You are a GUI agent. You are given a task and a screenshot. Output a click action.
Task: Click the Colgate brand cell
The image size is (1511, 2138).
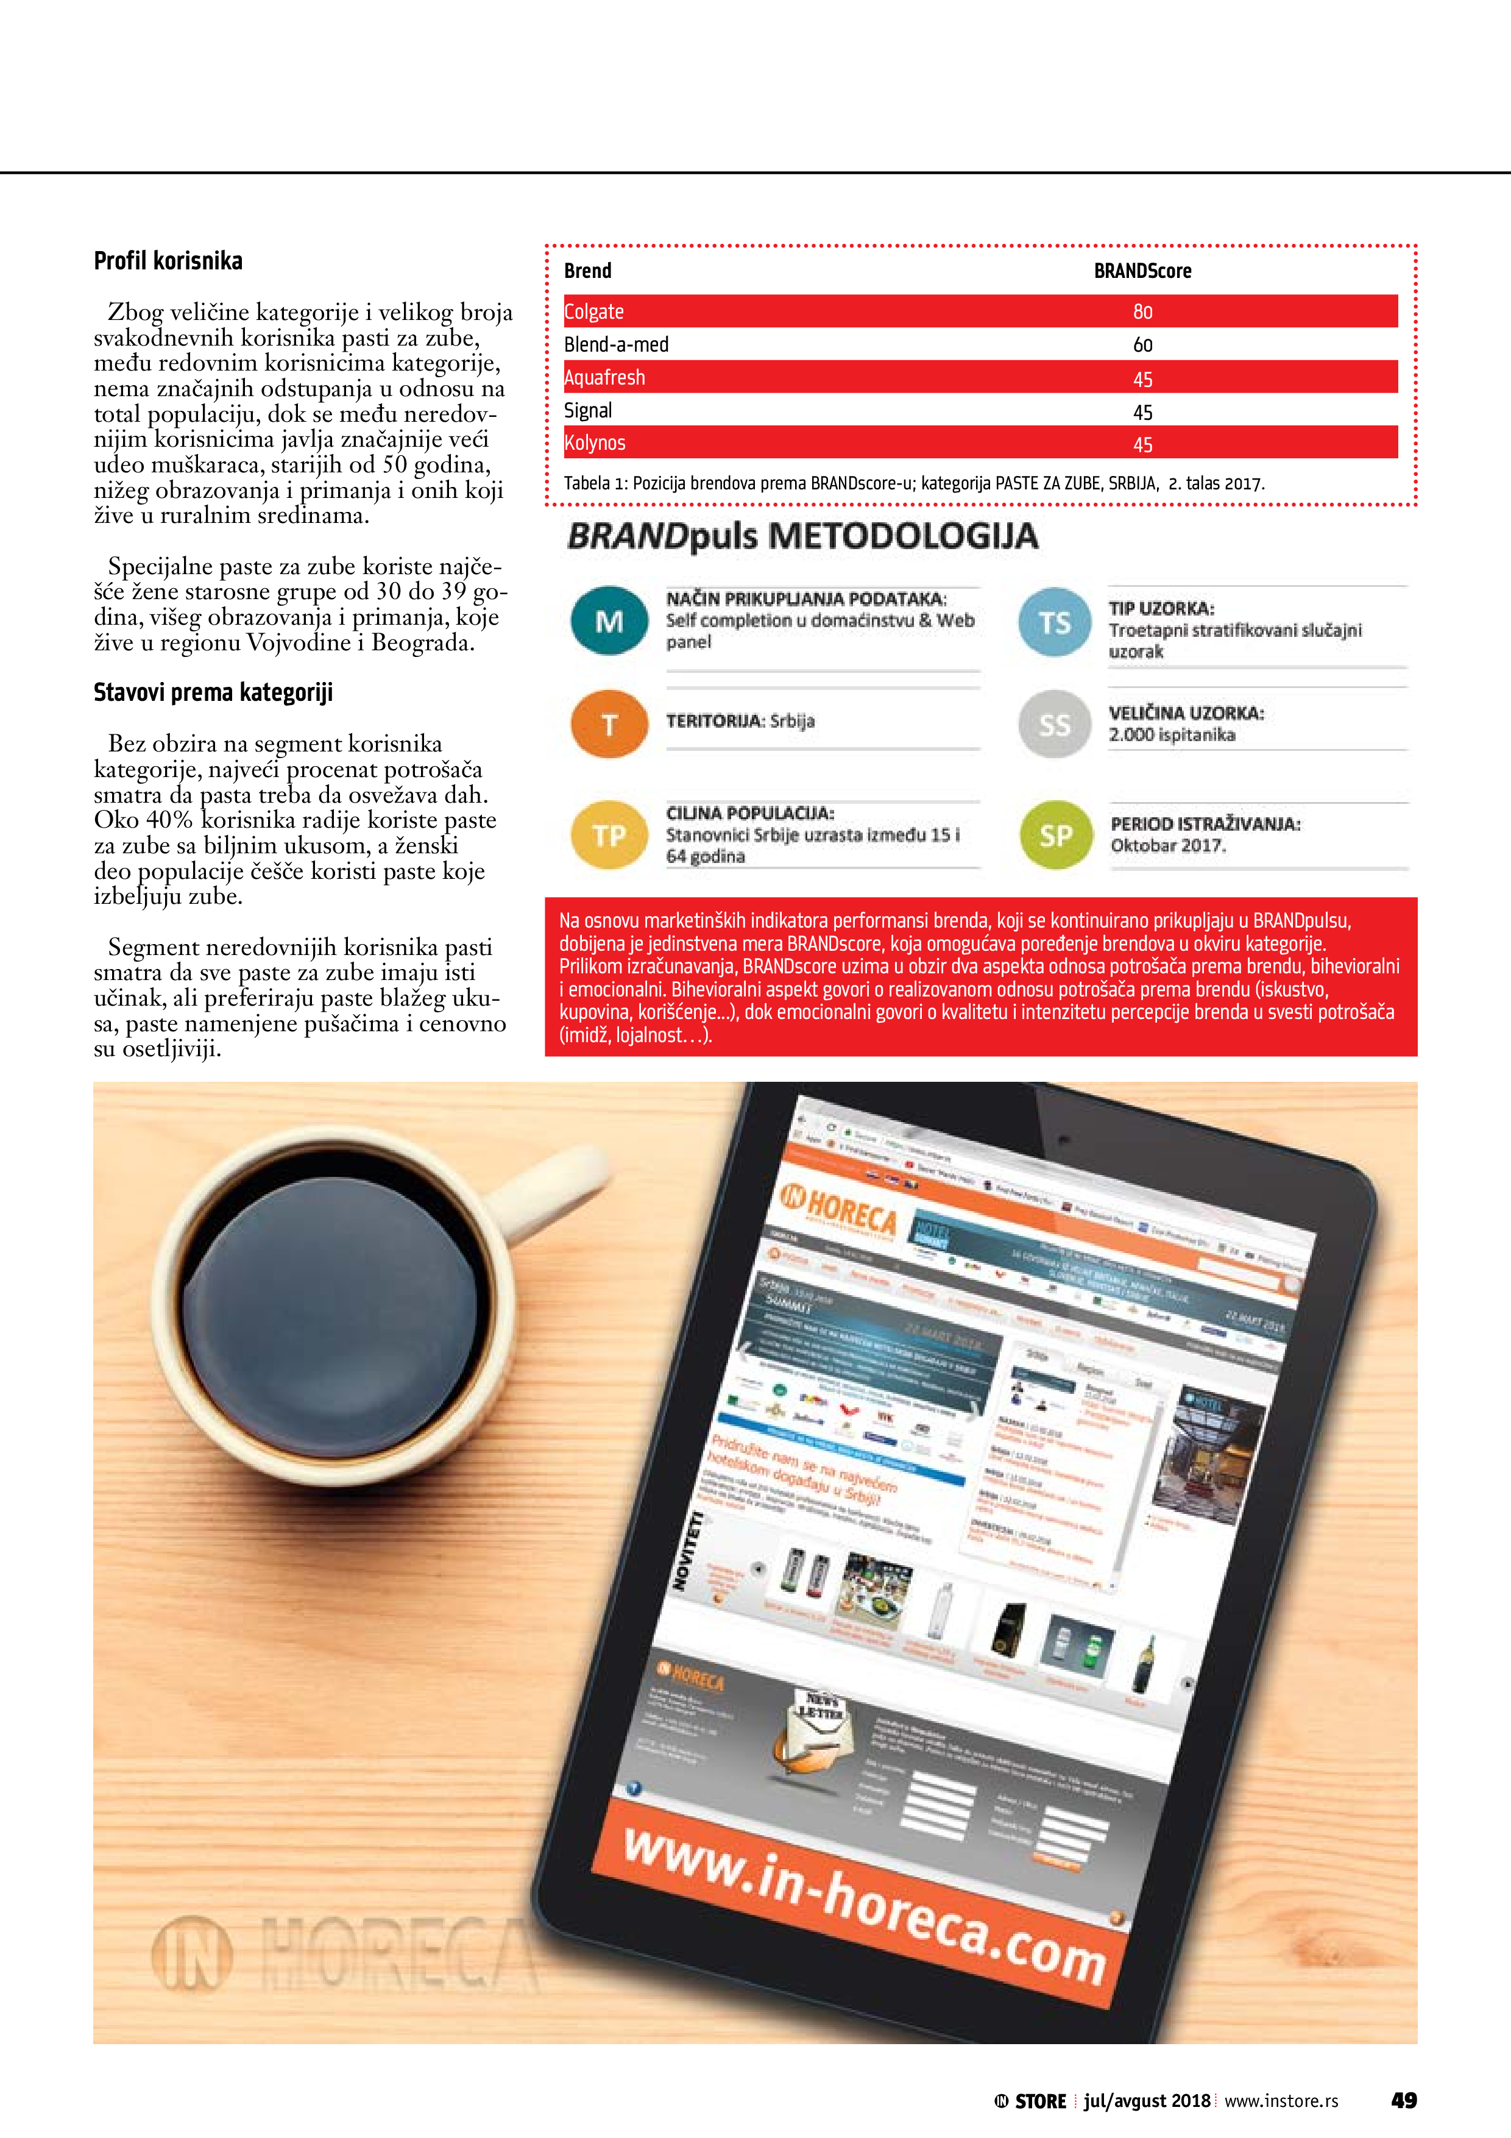point(594,312)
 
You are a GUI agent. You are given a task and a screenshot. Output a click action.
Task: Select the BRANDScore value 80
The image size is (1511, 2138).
point(1142,312)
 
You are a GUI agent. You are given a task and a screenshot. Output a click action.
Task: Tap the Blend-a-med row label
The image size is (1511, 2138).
point(617,344)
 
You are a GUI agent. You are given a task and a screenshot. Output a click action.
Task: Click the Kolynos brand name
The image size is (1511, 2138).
point(595,443)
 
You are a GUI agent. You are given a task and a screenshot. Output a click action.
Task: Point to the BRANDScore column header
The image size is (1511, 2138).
point(1142,271)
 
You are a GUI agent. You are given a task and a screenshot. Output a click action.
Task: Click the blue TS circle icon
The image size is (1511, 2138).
point(1054,622)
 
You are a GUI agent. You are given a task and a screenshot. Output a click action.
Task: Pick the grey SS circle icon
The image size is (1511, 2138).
point(1054,725)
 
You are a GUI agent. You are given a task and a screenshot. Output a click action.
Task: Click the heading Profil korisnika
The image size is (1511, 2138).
point(169,261)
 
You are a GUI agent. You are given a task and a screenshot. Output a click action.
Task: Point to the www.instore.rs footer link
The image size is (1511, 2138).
point(1281,2101)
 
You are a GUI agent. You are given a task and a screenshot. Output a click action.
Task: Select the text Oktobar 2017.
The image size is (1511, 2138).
point(1167,845)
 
